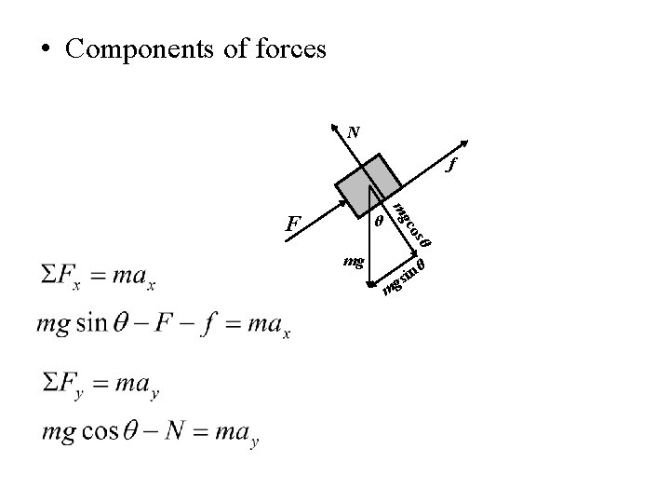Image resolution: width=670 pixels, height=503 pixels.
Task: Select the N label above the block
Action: pyautogui.click(x=354, y=132)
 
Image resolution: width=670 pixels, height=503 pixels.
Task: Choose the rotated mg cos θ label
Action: pyautogui.click(x=410, y=224)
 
